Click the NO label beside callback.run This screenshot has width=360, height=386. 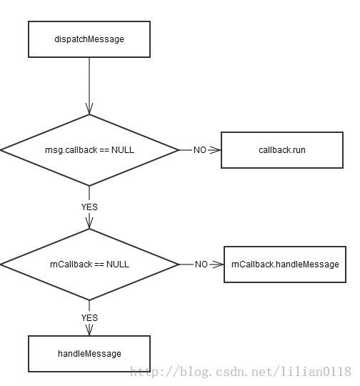(x=200, y=150)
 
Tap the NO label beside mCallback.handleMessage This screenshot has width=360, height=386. (x=201, y=264)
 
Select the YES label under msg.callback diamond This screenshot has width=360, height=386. (x=89, y=207)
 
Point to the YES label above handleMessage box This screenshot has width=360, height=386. (x=89, y=318)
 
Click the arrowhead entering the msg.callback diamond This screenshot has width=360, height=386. (x=89, y=109)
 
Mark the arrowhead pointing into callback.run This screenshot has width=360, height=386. (x=215, y=150)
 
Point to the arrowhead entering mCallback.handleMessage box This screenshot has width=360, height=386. (x=217, y=264)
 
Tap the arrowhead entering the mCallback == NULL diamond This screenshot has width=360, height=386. (x=89, y=223)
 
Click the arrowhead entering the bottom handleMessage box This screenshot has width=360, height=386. (x=89, y=330)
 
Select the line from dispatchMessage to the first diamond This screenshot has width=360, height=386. (x=89, y=86)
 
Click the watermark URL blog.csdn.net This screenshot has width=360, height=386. (x=241, y=371)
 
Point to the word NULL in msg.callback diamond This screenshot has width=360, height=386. (x=123, y=150)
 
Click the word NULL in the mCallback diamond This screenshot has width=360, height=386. (x=118, y=264)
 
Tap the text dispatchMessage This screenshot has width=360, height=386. (x=89, y=39)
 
